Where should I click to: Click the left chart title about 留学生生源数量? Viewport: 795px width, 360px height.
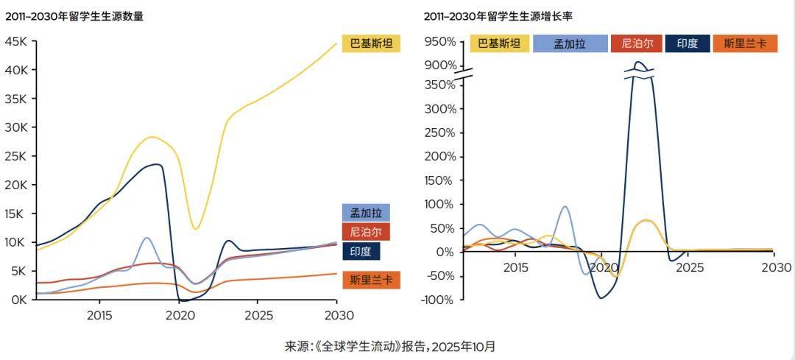click(74, 16)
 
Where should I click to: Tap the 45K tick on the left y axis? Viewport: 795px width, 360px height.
click(16, 42)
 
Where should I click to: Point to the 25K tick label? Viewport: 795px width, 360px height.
click(16, 156)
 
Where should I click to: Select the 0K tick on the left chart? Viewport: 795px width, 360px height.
click(19, 300)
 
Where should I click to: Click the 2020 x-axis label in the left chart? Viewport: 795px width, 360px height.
click(178, 315)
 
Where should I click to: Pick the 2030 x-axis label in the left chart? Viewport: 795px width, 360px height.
click(336, 315)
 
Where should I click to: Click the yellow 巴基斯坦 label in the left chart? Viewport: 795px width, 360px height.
click(371, 43)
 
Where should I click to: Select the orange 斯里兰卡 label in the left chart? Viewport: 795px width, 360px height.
click(371, 280)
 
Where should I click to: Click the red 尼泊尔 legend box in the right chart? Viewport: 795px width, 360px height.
click(635, 43)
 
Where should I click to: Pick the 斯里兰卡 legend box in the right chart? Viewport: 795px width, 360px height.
click(745, 43)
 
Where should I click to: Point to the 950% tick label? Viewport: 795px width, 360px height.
click(442, 42)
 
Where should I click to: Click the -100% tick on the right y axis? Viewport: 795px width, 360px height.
click(440, 300)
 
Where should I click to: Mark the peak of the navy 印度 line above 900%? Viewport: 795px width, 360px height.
click(639, 63)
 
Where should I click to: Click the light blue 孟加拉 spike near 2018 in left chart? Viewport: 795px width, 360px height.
click(146, 238)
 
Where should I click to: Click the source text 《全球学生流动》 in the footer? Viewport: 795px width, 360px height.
click(354, 345)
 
